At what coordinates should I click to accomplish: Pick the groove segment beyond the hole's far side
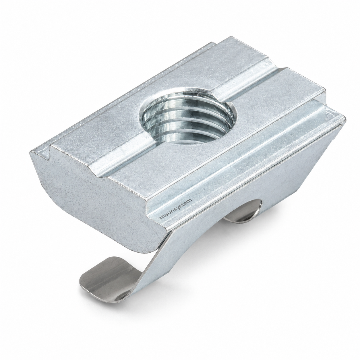(x=243, y=78)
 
